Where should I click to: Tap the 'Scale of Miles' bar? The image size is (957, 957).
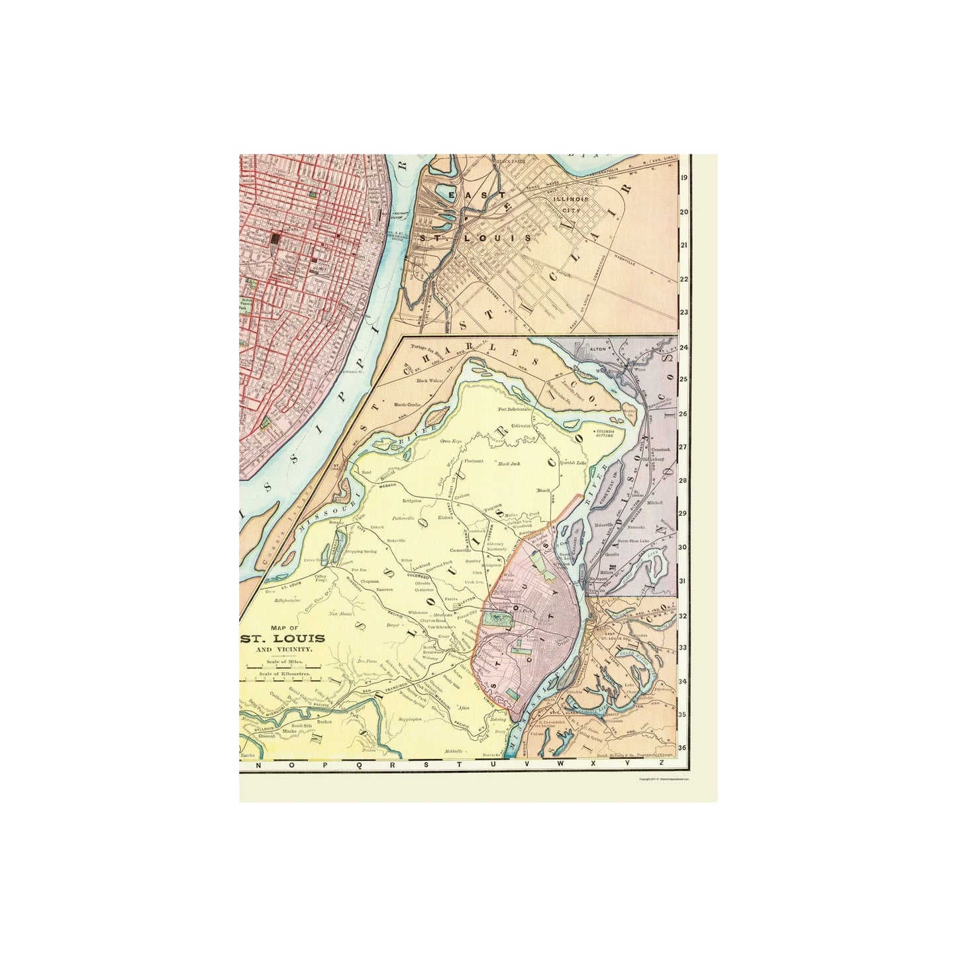pyautogui.click(x=283, y=668)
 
